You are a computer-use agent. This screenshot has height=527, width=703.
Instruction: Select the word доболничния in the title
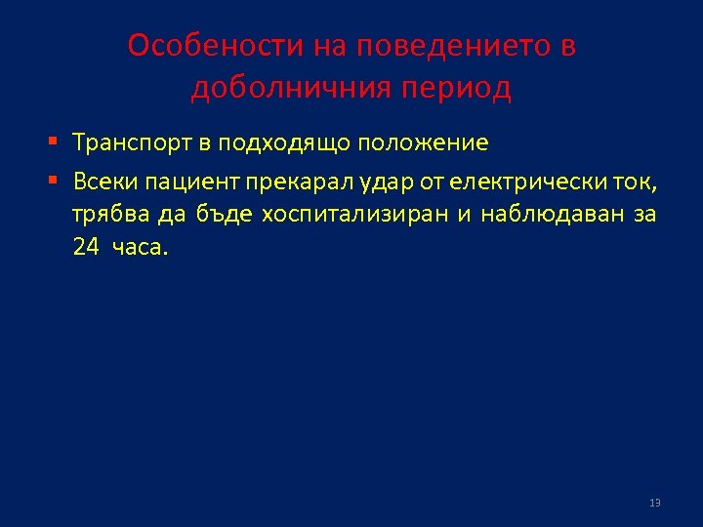[x=290, y=89]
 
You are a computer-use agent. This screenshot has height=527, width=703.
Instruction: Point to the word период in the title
[x=457, y=89]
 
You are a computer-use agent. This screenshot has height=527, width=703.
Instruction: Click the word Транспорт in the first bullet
[x=132, y=143]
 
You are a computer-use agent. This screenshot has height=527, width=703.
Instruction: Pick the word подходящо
[x=285, y=143]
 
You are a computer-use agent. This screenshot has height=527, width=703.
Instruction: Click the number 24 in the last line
[x=86, y=247]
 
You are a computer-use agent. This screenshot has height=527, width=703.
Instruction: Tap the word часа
[x=141, y=247]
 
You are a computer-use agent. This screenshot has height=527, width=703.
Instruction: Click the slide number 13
[x=654, y=503]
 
